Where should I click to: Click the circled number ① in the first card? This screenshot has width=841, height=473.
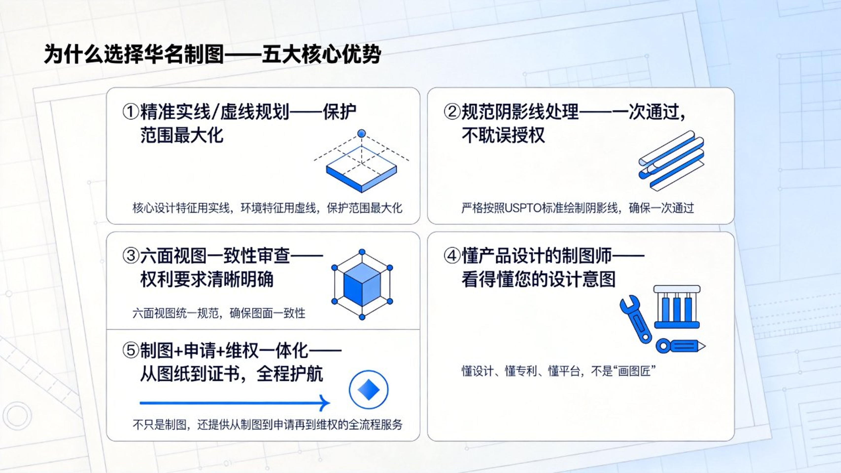tap(131, 112)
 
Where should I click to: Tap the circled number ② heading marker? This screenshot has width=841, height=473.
tap(452, 112)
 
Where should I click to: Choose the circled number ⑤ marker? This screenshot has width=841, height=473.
tap(131, 350)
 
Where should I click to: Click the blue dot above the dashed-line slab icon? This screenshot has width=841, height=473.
tap(361, 134)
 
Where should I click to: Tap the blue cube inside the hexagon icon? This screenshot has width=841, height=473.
tap(362, 284)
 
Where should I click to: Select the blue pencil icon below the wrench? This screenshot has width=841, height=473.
tap(680, 346)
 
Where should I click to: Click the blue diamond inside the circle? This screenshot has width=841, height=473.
tap(369, 389)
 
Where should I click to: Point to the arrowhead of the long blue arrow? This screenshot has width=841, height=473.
tap(325, 403)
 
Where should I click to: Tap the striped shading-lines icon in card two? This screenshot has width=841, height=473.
tap(671, 160)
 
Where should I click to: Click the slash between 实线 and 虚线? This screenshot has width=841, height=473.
tap(215, 112)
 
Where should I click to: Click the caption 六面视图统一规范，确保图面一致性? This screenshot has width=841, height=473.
tap(219, 313)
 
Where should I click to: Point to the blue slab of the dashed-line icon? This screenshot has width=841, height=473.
tap(361, 173)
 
